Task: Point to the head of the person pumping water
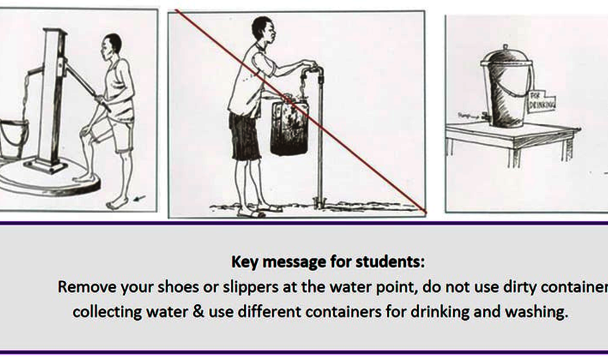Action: click(112, 46)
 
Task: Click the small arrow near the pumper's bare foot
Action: click(138, 195)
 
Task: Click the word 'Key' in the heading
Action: click(244, 262)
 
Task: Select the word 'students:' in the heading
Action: click(394, 262)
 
